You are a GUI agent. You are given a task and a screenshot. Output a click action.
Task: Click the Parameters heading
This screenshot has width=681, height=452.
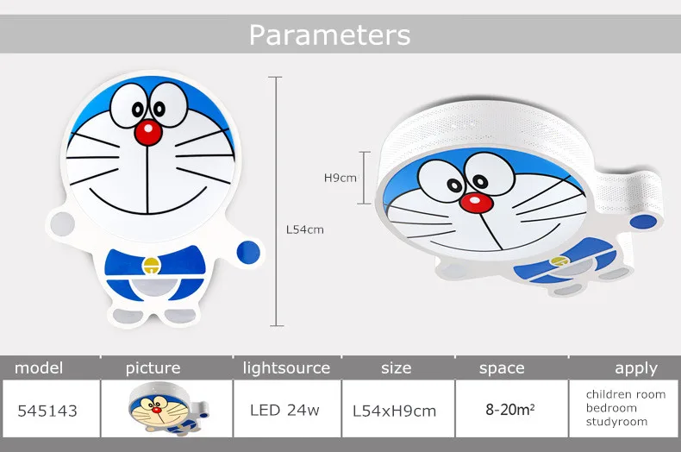click(329, 35)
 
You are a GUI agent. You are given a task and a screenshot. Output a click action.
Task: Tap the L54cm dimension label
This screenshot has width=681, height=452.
click(305, 229)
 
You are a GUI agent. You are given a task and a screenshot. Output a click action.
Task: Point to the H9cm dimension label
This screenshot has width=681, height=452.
click(340, 178)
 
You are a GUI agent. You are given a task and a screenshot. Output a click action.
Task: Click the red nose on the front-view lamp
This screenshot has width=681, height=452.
click(148, 132)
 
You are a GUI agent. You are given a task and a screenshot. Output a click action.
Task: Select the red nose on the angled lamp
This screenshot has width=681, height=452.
click(476, 203)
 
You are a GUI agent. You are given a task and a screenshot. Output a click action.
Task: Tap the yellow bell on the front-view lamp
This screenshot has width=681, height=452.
click(152, 266)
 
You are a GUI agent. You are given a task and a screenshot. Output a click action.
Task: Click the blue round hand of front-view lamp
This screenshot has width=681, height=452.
click(248, 252)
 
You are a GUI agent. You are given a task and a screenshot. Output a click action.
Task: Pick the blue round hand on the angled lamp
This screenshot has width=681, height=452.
click(643, 222)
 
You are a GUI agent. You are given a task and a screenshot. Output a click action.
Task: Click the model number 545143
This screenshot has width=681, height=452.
click(47, 411)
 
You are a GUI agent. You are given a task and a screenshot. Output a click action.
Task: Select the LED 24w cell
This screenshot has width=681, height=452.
click(285, 410)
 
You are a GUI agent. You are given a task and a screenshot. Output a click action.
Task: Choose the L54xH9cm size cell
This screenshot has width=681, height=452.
click(394, 411)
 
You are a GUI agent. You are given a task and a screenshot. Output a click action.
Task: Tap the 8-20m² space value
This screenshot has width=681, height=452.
click(509, 410)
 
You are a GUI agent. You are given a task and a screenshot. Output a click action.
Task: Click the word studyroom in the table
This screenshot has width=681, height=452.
click(616, 422)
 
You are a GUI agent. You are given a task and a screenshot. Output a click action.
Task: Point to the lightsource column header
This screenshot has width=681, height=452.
click(287, 368)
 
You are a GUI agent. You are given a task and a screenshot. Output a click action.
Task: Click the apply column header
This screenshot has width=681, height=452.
click(636, 368)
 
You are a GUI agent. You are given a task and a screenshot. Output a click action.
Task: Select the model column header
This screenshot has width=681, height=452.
click(39, 368)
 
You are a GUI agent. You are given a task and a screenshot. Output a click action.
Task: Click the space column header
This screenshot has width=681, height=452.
click(502, 368)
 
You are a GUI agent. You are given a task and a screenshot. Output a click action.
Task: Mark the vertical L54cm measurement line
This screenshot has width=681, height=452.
click(276, 201)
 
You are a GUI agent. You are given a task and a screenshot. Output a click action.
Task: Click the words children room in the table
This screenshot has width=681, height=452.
click(626, 394)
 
